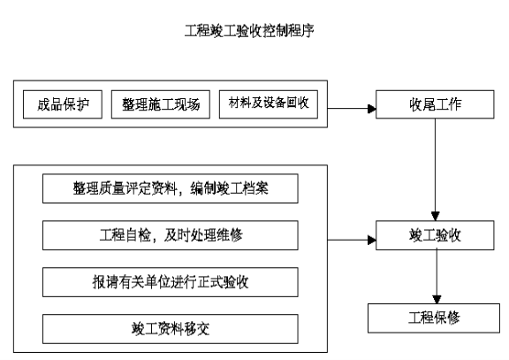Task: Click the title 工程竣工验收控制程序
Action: coord(249,31)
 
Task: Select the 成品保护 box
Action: coord(63,104)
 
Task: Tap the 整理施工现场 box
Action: coord(161,104)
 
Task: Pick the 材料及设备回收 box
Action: coord(269,104)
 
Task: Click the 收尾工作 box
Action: coord(435,104)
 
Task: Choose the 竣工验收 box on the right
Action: coord(435,235)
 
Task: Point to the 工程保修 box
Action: coord(434,318)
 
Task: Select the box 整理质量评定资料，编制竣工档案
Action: coord(171,188)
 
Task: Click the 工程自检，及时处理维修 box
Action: coord(171,235)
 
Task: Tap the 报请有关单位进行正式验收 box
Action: coord(171,282)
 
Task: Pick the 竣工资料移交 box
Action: coord(171,329)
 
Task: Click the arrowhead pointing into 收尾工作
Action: coord(372,109)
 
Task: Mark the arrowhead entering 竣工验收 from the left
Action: coord(372,240)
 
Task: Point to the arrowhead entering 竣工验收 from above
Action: coord(436,217)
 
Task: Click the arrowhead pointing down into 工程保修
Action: coord(437,299)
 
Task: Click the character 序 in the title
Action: coord(308,31)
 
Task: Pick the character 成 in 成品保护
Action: coord(43,104)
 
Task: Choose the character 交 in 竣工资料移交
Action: coord(203,329)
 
